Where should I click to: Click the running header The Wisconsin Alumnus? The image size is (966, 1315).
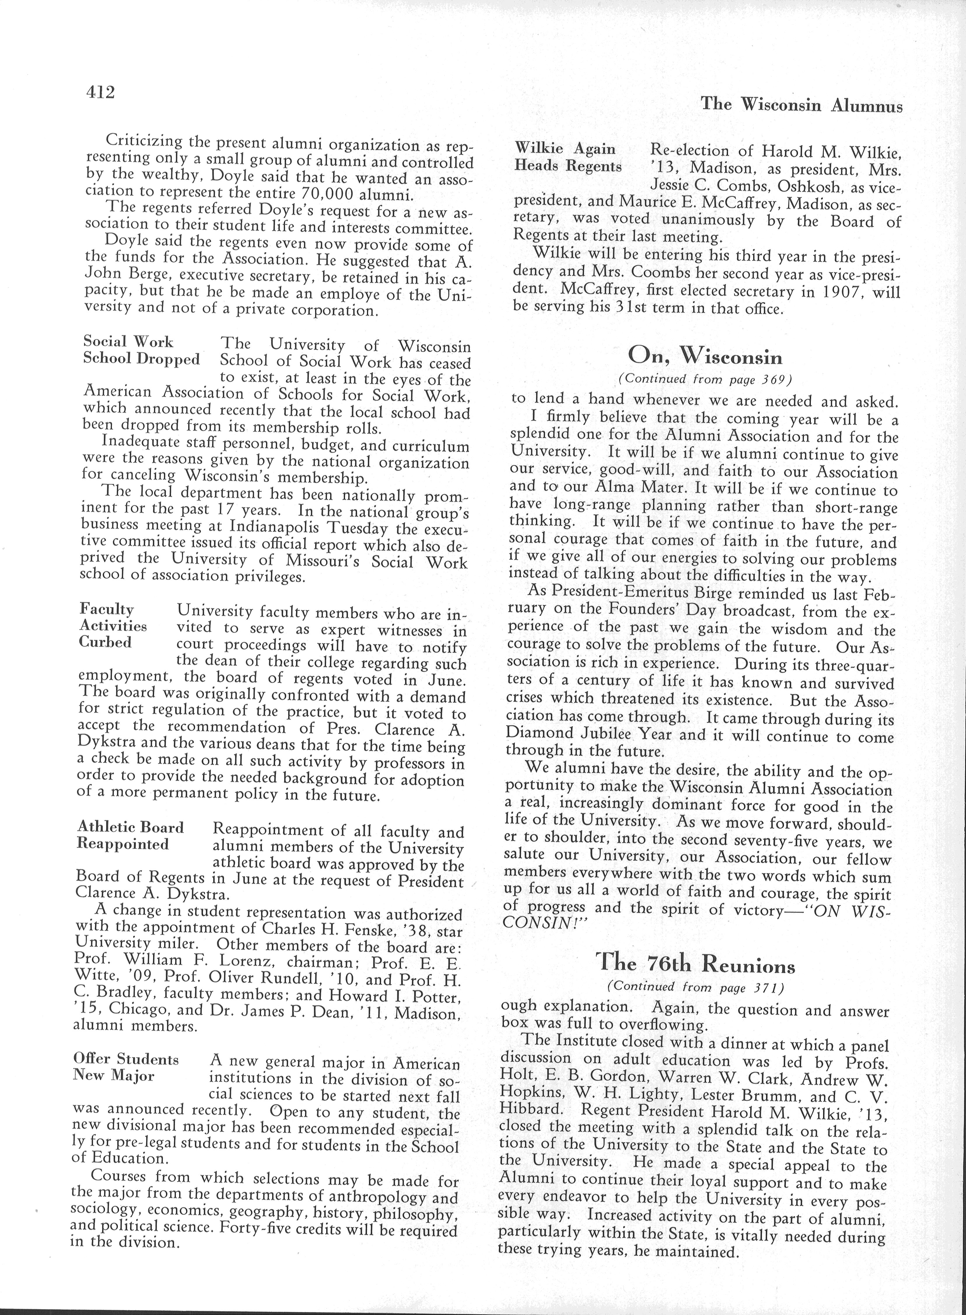801,105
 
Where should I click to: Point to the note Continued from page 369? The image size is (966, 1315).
705,380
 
